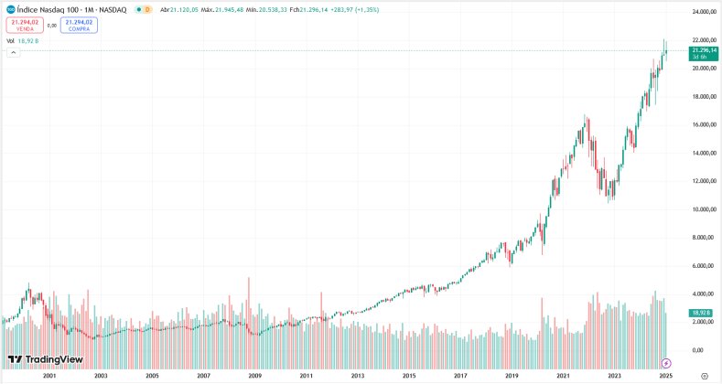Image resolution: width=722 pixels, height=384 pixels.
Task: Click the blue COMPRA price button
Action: coord(79,25)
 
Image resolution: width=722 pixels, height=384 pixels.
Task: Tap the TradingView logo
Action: coord(46,360)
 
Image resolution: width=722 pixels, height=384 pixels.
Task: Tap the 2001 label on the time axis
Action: coord(49,376)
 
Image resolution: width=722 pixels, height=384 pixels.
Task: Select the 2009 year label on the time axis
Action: coord(255,376)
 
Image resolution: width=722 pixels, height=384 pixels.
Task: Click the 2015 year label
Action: coord(409,376)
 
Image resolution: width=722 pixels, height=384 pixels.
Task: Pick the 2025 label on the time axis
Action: coord(666,376)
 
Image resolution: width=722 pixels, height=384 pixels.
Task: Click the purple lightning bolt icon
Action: coord(667,362)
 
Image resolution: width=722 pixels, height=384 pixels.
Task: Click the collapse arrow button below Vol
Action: coord(13,52)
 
